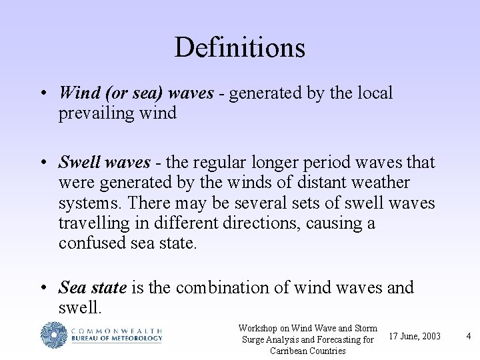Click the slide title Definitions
click(239, 47)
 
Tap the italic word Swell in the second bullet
click(79, 162)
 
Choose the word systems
click(87, 203)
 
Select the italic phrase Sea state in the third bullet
click(93, 287)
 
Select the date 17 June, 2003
click(414, 336)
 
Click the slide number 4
click(468, 336)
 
